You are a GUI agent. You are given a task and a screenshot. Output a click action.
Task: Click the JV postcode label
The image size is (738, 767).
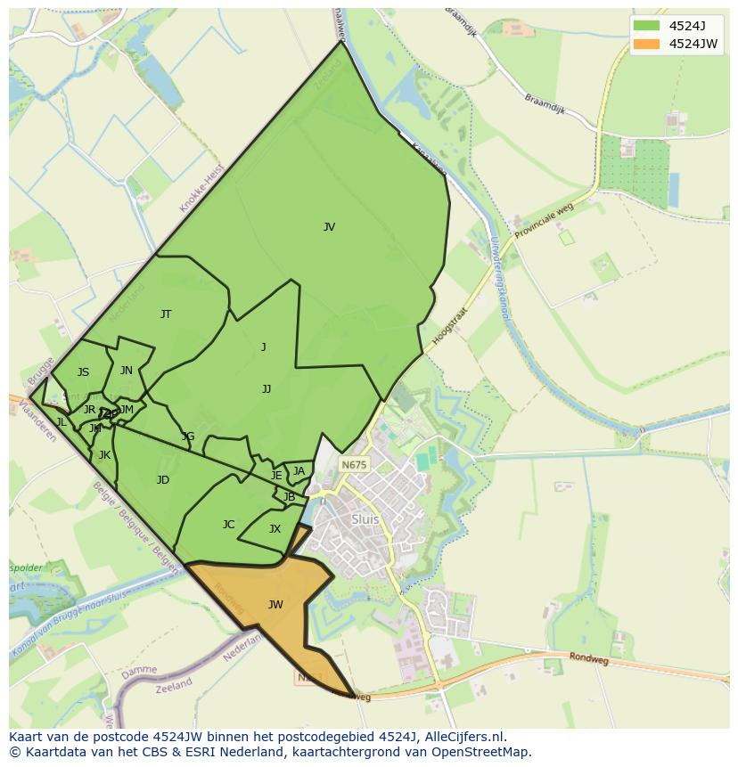(x=329, y=227)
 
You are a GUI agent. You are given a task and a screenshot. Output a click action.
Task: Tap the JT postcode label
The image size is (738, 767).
(x=166, y=314)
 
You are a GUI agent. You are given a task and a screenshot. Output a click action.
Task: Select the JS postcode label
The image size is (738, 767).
(x=83, y=372)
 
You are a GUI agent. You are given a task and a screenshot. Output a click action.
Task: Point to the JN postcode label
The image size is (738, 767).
(x=127, y=371)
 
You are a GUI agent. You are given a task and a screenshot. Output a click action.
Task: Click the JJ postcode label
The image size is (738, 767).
(x=266, y=388)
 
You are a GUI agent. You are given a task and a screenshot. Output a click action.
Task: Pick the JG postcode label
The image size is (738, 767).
(x=188, y=437)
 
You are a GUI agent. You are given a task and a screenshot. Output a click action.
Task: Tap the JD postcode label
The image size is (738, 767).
(x=163, y=480)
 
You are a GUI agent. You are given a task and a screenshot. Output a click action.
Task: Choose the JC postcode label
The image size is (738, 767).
(x=229, y=525)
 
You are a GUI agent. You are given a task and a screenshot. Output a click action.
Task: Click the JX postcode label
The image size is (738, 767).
(x=275, y=529)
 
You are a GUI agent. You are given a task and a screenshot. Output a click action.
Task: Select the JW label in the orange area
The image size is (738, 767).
(x=275, y=605)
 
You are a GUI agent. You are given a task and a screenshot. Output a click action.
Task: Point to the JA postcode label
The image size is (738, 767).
(x=299, y=471)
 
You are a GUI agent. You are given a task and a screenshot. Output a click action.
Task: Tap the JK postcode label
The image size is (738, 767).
(x=104, y=455)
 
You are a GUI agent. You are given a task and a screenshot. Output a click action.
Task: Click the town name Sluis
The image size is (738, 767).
(x=365, y=519)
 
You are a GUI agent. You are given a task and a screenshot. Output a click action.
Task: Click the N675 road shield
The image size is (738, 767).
(x=354, y=465)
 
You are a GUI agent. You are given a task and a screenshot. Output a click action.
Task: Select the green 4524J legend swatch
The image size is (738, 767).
(x=646, y=25)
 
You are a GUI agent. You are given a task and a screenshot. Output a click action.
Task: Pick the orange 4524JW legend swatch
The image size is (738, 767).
(x=646, y=44)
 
